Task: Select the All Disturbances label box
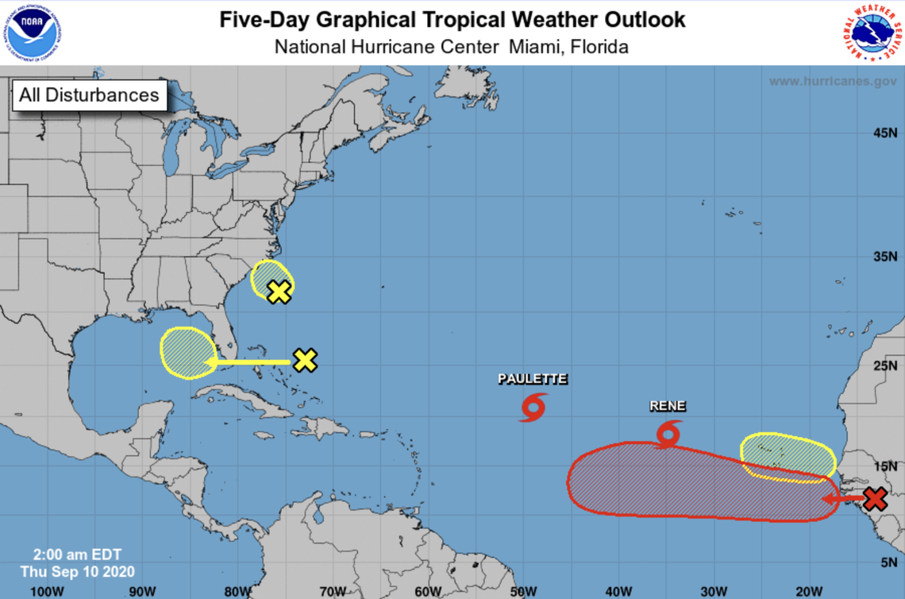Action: (x=89, y=95)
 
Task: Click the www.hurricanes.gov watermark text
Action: (x=832, y=81)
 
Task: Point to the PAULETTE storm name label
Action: (x=533, y=379)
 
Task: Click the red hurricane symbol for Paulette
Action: (x=533, y=406)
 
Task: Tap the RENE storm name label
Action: (x=668, y=406)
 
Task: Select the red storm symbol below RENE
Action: (x=669, y=434)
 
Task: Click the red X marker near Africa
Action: (x=874, y=499)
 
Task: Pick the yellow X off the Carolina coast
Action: (x=279, y=292)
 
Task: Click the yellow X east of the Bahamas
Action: (x=305, y=361)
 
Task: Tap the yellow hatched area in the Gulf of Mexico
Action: (x=187, y=353)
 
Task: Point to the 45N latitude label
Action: (x=884, y=133)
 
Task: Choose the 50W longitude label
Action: (x=523, y=590)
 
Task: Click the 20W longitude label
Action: (x=808, y=590)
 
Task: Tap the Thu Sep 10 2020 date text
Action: (x=78, y=571)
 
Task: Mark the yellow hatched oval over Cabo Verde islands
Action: (x=787, y=454)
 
